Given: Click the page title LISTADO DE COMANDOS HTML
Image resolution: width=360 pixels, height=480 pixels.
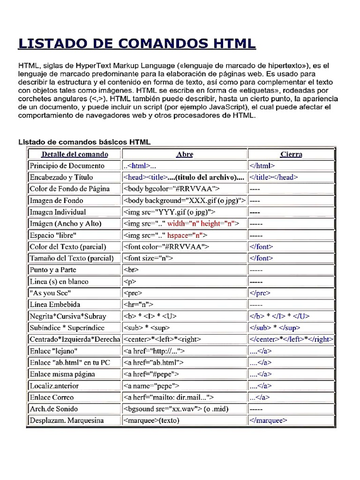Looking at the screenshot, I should (x=137, y=44).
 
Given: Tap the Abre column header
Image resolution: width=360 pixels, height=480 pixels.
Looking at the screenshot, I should (x=185, y=154).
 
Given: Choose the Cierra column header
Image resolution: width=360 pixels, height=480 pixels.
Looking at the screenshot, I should (x=291, y=154).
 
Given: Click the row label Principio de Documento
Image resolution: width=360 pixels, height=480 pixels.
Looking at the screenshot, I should (x=67, y=165).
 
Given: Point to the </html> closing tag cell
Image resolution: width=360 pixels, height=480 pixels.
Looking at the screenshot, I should (x=262, y=165).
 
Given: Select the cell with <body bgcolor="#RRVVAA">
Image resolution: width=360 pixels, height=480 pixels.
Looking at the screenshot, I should (x=172, y=188).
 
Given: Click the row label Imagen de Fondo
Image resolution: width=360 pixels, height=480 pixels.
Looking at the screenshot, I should (x=56, y=200).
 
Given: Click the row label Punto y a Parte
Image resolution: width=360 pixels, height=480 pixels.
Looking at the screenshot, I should (x=52, y=270).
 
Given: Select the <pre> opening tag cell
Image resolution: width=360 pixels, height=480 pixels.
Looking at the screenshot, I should (x=133, y=293).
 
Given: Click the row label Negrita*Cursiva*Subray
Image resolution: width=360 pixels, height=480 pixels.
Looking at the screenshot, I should (x=68, y=316).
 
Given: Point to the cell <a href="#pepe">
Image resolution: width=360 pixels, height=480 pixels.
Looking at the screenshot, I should (x=151, y=374).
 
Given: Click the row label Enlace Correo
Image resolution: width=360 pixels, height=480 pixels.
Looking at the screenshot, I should (x=52, y=397).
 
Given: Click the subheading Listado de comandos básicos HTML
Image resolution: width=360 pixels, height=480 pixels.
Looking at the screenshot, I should (x=84, y=142).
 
